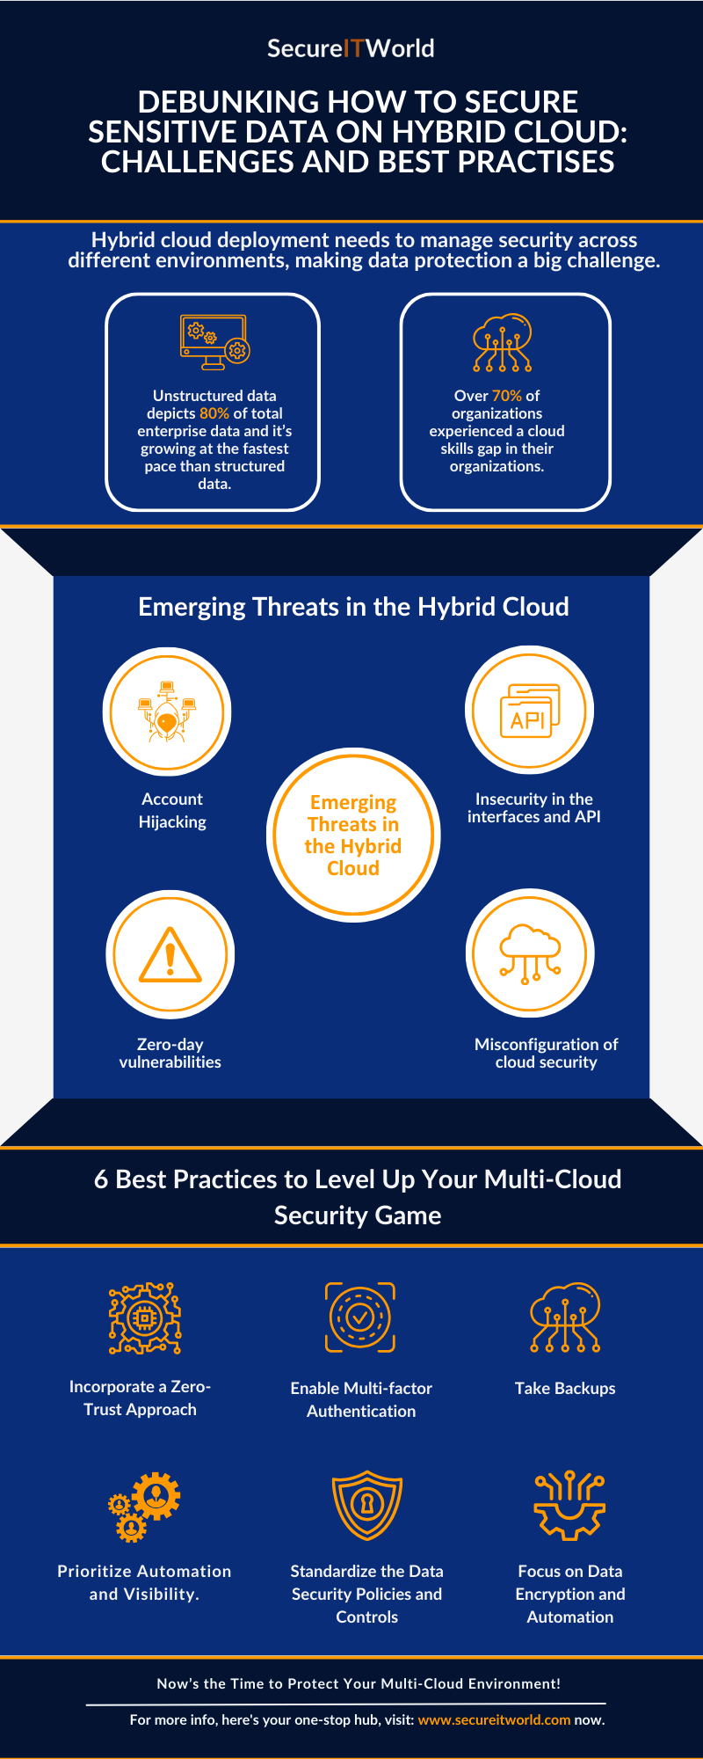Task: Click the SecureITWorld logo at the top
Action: [x=351, y=48]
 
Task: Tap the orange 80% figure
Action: [x=214, y=413]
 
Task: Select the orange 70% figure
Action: [x=506, y=396]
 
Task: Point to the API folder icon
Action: [x=529, y=711]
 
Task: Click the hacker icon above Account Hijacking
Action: [x=167, y=712]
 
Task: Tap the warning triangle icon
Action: [x=170, y=955]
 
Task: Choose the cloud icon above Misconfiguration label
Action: [x=529, y=954]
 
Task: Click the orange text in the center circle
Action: [x=353, y=836]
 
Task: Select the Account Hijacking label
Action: [x=172, y=810]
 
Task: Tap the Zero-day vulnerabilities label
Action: [x=170, y=1053]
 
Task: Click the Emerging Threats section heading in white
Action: [x=353, y=607]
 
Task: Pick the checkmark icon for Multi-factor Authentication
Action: [x=360, y=1317]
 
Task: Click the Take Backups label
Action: [x=565, y=1388]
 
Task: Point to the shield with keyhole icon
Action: [x=367, y=1505]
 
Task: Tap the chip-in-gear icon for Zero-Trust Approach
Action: [x=145, y=1317]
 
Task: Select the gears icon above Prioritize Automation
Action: [x=145, y=1506]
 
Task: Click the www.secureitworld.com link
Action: [x=494, y=1719]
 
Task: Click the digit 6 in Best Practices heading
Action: [x=101, y=1179]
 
